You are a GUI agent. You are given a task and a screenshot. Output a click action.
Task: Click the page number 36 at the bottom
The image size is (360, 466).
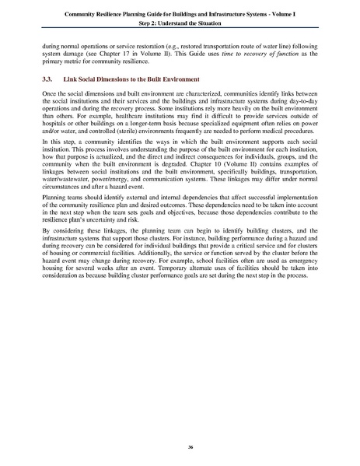click(180, 447)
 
